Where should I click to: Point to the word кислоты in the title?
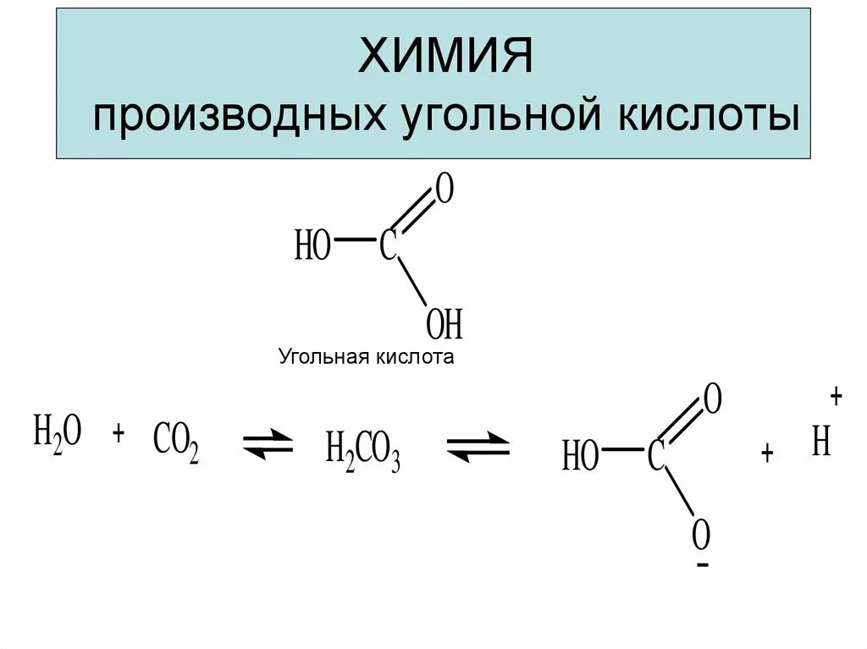[x=704, y=116]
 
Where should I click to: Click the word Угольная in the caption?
[x=320, y=357]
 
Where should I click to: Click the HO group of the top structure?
[x=312, y=248]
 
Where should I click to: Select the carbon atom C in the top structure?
[x=388, y=246]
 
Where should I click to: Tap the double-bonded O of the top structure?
[x=443, y=191]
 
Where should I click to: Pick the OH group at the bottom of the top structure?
[x=444, y=323]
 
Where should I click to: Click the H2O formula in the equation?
[x=58, y=435]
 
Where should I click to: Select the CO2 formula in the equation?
[x=176, y=443]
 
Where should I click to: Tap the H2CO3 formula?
[x=362, y=451]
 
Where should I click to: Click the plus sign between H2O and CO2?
[x=119, y=433]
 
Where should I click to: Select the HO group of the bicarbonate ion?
[x=580, y=458]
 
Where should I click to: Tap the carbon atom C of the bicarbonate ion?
[x=655, y=456]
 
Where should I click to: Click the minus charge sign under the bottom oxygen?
[x=702, y=564]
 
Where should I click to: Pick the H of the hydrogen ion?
[x=820, y=442]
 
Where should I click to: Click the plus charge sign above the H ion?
[x=837, y=396]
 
